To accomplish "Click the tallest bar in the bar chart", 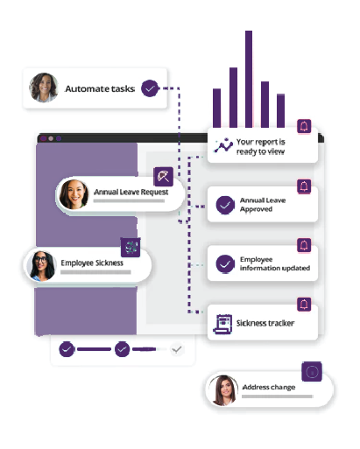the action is tap(249, 79).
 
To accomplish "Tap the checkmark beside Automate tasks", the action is tap(150, 88).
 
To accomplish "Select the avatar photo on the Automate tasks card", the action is tap(44, 88).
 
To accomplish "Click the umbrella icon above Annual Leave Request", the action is tap(163, 177).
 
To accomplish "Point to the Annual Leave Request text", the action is tap(131, 192).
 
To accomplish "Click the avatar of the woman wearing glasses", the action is tap(41, 266).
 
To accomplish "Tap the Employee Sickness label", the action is tap(92, 263).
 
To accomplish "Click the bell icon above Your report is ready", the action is tap(304, 126).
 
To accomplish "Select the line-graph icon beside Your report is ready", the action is tap(223, 145).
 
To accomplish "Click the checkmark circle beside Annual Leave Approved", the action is tap(225, 205).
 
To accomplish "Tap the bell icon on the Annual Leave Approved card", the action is tap(304, 186).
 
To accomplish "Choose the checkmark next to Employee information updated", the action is tap(225, 264).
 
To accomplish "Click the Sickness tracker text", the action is tap(265, 323).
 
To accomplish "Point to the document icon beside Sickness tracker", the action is tap(223, 324).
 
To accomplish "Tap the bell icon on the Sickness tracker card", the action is tap(304, 305).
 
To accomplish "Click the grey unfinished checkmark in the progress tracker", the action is tap(177, 349).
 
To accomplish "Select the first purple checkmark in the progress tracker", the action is tap(67, 349).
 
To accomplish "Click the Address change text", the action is tap(269, 387).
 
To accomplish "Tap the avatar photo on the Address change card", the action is tap(223, 390).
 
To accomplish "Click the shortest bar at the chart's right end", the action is tap(280, 111).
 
